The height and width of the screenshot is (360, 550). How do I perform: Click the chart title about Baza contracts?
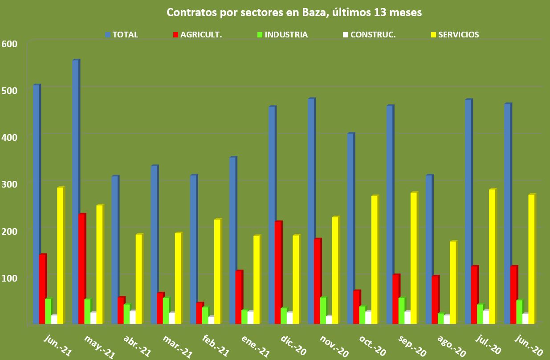pyautogui.click(x=294, y=12)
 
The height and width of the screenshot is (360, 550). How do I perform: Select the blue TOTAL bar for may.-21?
pyautogui.click(x=75, y=192)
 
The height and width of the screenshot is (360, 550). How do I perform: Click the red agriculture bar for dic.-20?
pyautogui.click(x=278, y=273)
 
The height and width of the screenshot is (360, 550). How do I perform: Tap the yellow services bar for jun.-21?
pyautogui.click(x=60, y=255)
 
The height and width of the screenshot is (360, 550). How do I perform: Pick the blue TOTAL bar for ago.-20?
pyautogui.click(x=390, y=250)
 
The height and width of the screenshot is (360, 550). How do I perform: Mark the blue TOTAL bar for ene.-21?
pyautogui.click(x=232, y=241)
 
